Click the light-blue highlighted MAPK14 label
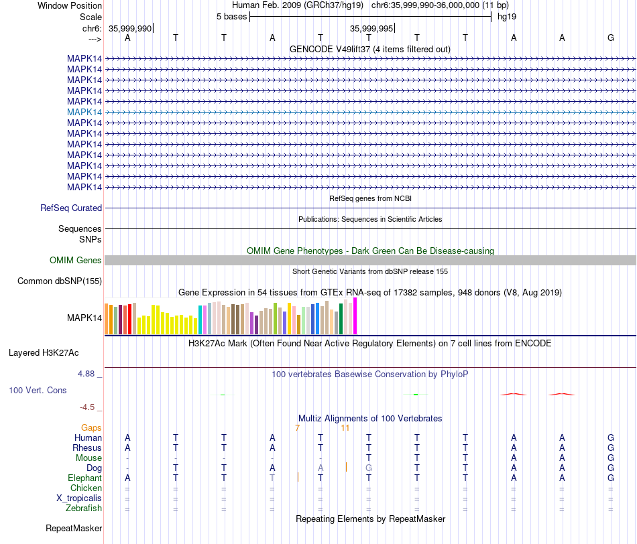tap(84, 112)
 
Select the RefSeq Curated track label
tap(71, 208)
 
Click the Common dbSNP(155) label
tap(60, 281)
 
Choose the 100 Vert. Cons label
tap(38, 390)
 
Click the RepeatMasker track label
tap(74, 529)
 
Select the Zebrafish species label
tap(84, 508)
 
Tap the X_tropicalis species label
tap(79, 498)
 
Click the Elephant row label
tap(84, 478)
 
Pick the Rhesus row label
tap(87, 448)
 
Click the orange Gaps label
tap(91, 427)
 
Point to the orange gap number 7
tap(297, 427)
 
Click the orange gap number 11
tap(345, 427)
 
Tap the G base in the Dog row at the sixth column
tap(369, 468)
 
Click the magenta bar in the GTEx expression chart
tap(355, 316)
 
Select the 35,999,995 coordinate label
tap(371, 29)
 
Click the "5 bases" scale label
tap(231, 17)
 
